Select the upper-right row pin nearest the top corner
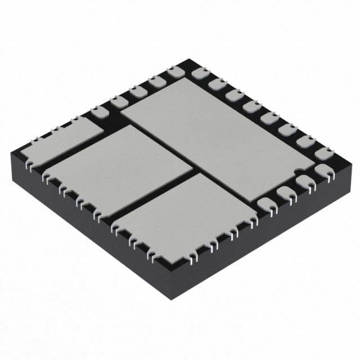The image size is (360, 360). tap(199, 73)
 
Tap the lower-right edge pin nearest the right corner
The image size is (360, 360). tap(324, 171)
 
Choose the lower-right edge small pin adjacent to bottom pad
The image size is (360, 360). tap(266, 205)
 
